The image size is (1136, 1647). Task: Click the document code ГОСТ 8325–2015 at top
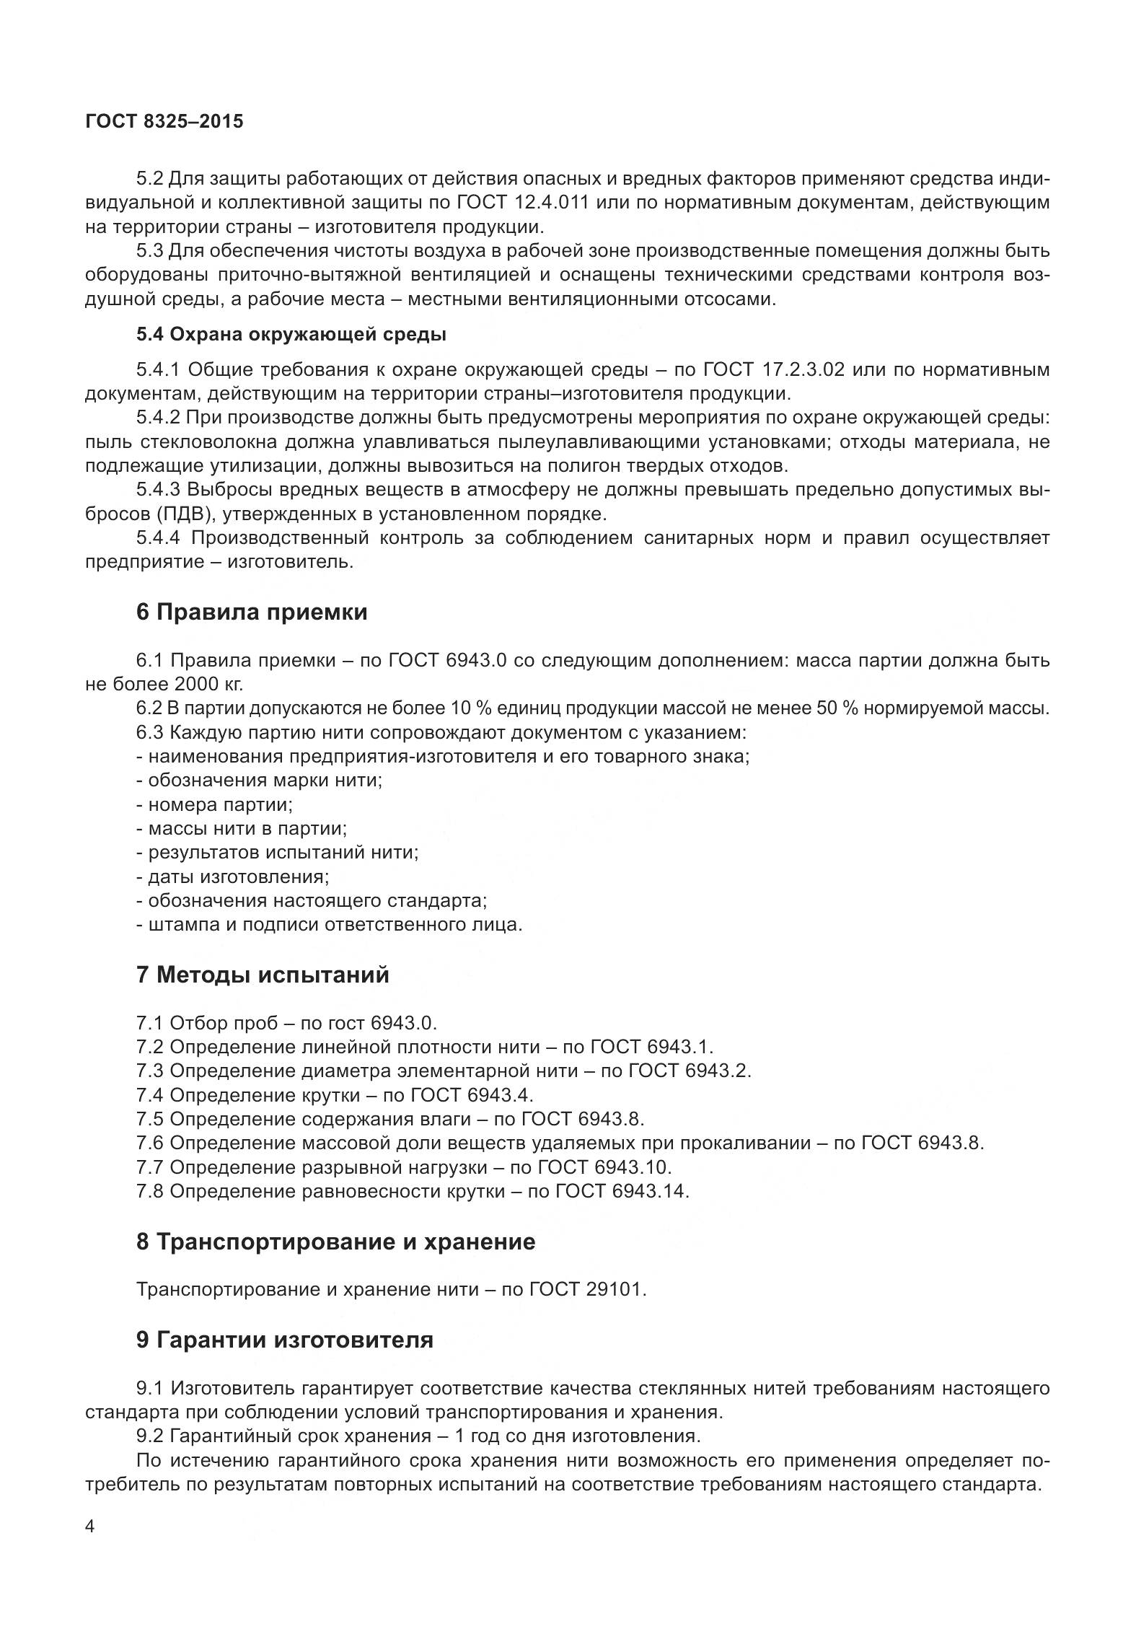(x=164, y=121)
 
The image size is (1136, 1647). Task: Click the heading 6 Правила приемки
(x=251, y=612)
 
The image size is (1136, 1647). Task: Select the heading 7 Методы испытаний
(x=262, y=975)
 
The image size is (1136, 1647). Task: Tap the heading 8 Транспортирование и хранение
(x=335, y=1242)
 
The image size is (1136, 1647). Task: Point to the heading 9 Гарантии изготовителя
(x=284, y=1339)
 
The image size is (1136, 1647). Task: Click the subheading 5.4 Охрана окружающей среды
(x=291, y=335)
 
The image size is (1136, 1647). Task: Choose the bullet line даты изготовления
(x=232, y=877)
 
